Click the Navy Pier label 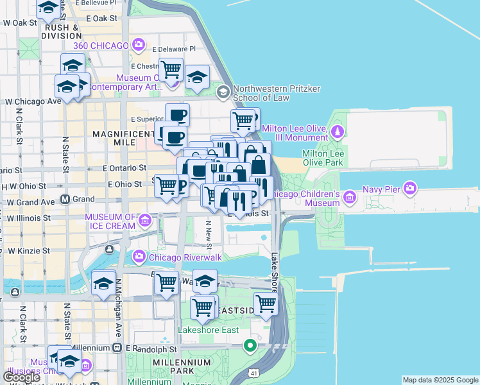(x=381, y=189)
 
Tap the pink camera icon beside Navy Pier (x=411, y=189)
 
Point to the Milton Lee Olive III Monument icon (x=337, y=132)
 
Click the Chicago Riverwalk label (x=179, y=257)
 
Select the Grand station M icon (x=65, y=200)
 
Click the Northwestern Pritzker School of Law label (x=268, y=93)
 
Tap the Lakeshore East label (x=209, y=330)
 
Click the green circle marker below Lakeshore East (x=250, y=347)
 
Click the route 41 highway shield (x=255, y=373)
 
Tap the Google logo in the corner (x=21, y=377)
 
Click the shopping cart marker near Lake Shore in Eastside (x=265, y=305)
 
